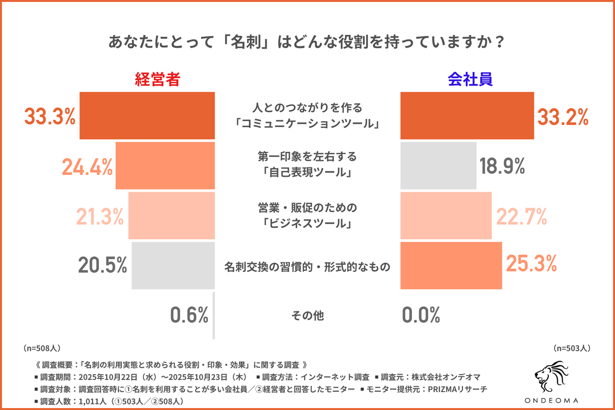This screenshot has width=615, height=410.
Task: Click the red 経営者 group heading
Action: [x=158, y=79]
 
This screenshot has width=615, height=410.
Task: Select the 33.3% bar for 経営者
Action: [x=147, y=116]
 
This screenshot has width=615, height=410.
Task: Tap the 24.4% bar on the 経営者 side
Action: [x=165, y=166]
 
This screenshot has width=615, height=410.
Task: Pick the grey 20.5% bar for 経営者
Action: [x=173, y=265]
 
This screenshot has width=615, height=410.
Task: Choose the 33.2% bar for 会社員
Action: [x=467, y=116]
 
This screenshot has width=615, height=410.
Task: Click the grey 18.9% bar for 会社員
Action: [x=438, y=166]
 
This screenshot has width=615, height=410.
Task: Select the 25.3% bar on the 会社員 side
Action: [x=451, y=265]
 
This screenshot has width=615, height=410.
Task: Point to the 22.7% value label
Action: [x=521, y=216]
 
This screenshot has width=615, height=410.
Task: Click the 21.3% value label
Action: [x=100, y=216]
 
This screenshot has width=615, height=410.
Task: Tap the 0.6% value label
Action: [x=189, y=315]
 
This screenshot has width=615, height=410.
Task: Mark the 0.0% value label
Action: [x=421, y=315]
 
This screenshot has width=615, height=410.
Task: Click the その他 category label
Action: [x=307, y=315]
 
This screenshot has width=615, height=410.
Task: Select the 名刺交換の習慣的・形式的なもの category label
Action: [x=307, y=267]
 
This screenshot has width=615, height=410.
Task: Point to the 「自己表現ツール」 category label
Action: [x=307, y=173]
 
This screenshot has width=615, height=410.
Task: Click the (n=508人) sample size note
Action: [x=42, y=348]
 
